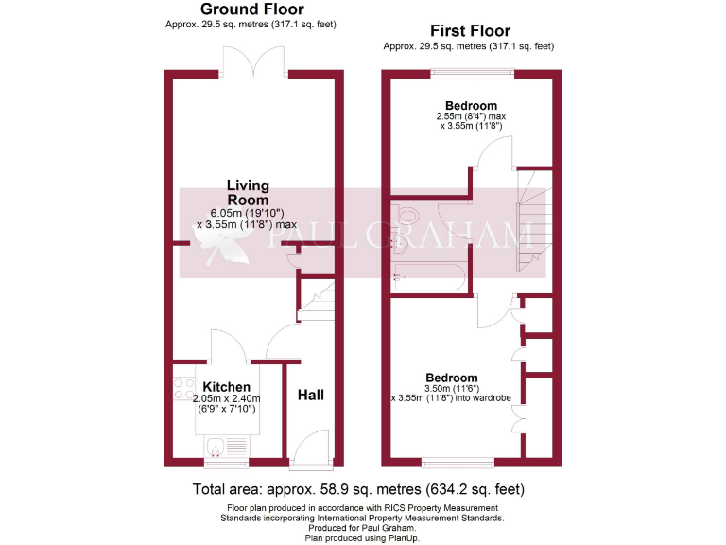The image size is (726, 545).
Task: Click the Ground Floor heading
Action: pyautogui.click(x=251, y=9)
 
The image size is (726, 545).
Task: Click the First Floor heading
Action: pyautogui.click(x=469, y=30)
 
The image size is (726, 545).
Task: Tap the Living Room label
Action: pyautogui.click(x=248, y=192)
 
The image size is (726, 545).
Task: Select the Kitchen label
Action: pyautogui.click(x=227, y=387)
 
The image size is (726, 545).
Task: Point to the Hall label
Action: pyautogui.click(x=311, y=395)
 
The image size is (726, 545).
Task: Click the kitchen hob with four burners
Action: pyautogui.click(x=183, y=388)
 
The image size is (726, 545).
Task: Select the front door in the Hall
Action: pyautogui.click(x=309, y=451)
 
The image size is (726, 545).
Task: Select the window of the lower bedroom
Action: pyautogui.click(x=458, y=463)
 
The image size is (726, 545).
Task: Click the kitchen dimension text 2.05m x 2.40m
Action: pyautogui.click(x=226, y=399)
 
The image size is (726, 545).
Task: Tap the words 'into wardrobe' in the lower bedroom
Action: pyautogui.click(x=483, y=398)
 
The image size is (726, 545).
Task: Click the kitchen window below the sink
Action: pyautogui.click(x=225, y=463)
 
